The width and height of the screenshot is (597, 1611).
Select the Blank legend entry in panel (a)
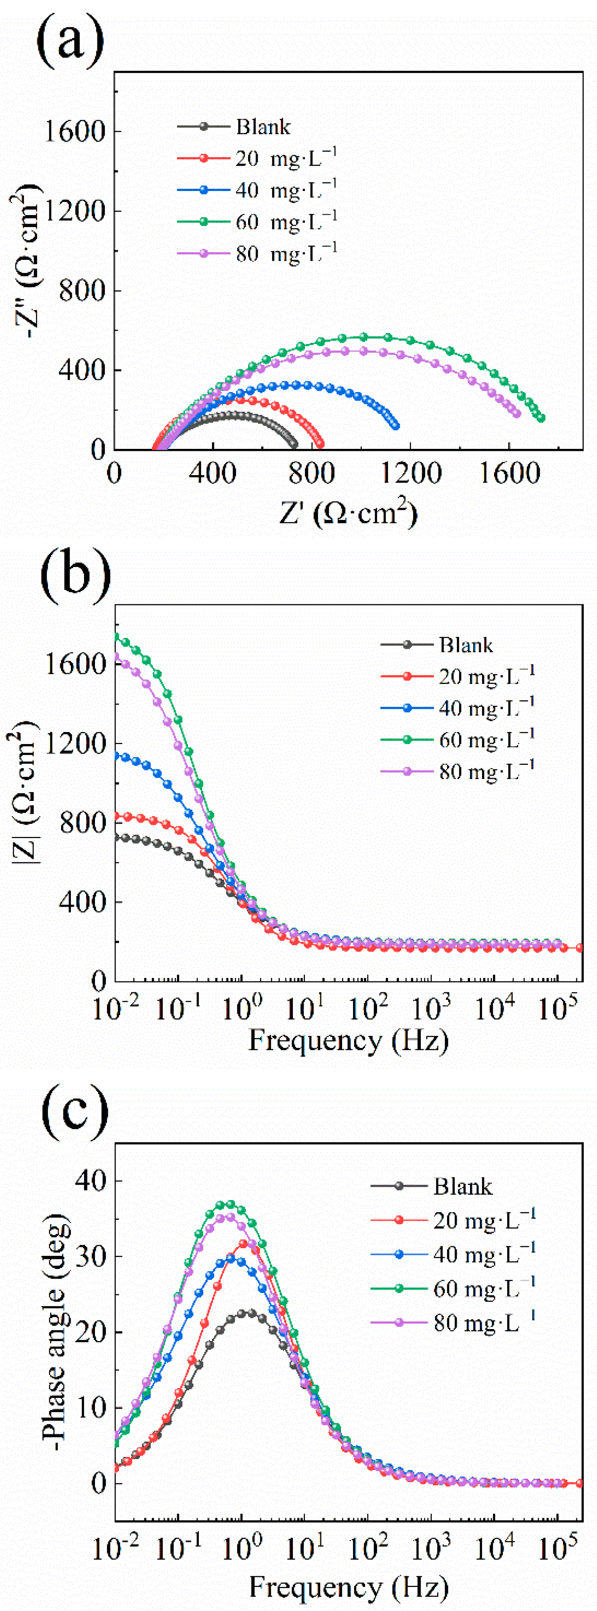coord(263,127)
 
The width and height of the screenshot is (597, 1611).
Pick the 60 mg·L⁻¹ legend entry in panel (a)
coord(286,221)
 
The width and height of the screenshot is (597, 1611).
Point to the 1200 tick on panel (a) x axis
coord(411,473)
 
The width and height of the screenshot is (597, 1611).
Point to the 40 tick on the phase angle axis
coord(91,1181)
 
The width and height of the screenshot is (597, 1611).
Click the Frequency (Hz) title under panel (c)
coord(349,1587)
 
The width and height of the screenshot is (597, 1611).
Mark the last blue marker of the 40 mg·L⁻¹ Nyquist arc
coord(395,426)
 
